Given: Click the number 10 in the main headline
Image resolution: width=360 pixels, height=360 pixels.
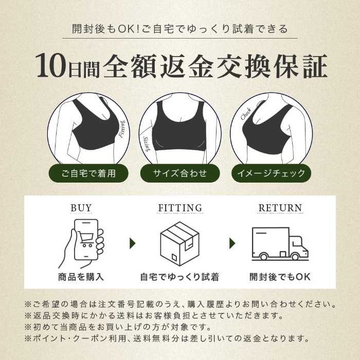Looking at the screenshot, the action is click(49, 66).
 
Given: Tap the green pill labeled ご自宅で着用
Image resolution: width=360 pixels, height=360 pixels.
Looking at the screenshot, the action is click(88, 173).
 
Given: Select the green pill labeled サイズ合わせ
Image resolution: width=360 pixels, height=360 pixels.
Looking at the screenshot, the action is click(180, 173).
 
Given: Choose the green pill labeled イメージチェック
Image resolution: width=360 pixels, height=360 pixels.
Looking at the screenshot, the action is click(271, 173).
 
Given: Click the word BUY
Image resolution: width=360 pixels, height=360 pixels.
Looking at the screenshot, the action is click(81, 208).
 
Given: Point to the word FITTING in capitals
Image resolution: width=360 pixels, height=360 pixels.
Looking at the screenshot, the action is click(180, 208).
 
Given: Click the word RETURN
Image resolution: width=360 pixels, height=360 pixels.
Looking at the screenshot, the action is click(280, 208).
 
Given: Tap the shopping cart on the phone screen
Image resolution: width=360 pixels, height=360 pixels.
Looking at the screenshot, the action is click(86, 239).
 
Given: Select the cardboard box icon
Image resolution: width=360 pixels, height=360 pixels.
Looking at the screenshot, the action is click(179, 243).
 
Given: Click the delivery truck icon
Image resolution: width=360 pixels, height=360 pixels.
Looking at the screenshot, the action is click(280, 244).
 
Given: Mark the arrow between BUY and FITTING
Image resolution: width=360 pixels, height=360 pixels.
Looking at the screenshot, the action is click(133, 243).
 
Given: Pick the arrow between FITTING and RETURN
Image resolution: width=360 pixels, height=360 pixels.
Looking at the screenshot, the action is click(232, 243).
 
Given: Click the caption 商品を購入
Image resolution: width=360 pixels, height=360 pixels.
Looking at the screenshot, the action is click(81, 277).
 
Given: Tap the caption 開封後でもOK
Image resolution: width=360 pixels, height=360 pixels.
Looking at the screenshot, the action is click(280, 277).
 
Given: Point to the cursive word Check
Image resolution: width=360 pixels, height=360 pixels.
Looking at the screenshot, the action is click(246, 114).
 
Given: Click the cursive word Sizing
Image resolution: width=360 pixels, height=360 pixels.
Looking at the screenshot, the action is click(146, 144).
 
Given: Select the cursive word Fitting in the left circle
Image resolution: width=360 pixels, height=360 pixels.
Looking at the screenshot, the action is click(122, 129).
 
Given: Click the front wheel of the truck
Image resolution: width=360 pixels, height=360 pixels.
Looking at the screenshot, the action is click(295, 256).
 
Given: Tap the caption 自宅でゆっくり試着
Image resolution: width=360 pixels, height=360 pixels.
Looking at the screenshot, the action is click(179, 277).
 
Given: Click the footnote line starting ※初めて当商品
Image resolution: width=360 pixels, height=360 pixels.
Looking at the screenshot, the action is click(117, 327).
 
